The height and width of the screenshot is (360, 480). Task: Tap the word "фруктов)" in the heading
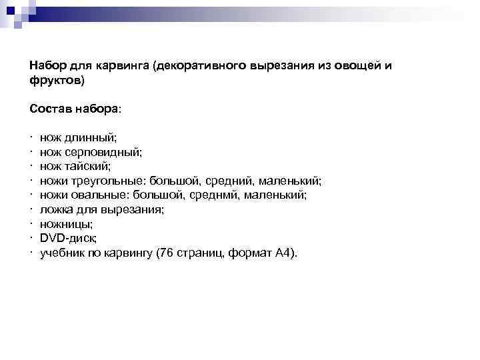tap(57, 81)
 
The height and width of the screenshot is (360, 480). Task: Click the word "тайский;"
tap(87, 167)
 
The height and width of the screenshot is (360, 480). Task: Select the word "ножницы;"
tap(67, 225)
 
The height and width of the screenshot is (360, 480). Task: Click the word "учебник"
tap(60, 253)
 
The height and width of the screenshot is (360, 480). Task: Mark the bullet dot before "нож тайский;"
tap(31, 167)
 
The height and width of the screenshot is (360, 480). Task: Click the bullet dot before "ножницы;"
tap(31, 225)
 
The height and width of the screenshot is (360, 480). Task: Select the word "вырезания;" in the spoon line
tap(137, 210)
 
